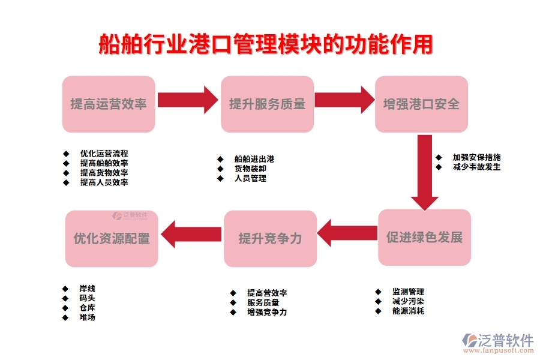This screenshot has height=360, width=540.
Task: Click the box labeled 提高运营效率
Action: [x=109, y=104]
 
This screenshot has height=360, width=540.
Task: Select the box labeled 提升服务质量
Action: [x=267, y=104]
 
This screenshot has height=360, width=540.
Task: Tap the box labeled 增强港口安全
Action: [x=421, y=104]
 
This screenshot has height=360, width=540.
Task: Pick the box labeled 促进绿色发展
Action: [x=424, y=237]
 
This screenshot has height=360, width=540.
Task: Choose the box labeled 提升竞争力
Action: [x=270, y=238]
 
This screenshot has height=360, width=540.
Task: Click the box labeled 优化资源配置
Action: [x=112, y=238]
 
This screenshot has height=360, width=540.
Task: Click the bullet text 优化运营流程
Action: [x=104, y=154]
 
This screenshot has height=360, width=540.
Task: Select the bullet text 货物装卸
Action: [x=250, y=169]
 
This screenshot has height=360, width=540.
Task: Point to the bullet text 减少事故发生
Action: [x=476, y=167]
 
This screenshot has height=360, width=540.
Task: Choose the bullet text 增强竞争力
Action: [x=267, y=312]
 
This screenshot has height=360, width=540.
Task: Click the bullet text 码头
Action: [x=87, y=298]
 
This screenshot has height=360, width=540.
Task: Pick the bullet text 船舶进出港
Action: [x=254, y=159]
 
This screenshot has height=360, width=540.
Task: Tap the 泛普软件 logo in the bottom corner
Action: [x=497, y=342]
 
